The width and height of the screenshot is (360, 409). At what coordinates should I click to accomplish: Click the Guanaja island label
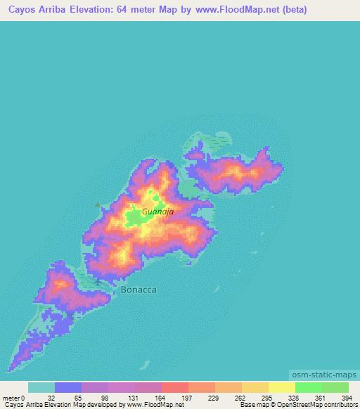click(157, 210)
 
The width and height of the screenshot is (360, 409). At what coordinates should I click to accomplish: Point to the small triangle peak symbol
click(98, 204)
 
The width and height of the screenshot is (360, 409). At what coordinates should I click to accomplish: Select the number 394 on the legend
click(347, 397)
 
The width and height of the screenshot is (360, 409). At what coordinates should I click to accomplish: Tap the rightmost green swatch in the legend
click(335, 387)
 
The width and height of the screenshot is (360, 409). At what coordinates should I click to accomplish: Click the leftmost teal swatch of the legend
click(41, 387)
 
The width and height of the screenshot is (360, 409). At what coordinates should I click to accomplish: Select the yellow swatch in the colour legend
click(281, 387)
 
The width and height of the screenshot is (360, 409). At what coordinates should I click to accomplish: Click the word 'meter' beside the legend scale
click(12, 397)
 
